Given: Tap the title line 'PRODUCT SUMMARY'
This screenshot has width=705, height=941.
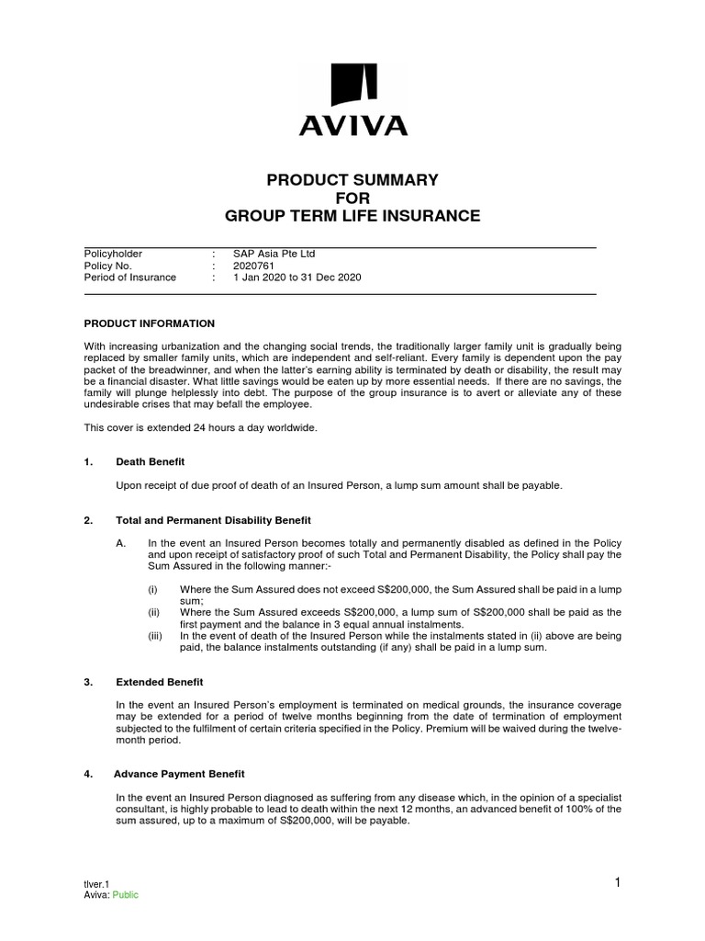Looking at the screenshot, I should (x=352, y=179).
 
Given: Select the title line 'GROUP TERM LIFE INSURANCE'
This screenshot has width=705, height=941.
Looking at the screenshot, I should (x=352, y=216).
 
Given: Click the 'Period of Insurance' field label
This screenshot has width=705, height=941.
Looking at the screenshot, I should (x=129, y=278).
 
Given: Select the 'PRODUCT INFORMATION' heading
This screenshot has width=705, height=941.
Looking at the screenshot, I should (x=150, y=323).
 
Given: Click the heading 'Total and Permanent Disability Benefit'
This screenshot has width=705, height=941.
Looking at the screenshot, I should (x=213, y=520).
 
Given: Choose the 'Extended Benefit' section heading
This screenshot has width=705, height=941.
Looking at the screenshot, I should (x=160, y=682).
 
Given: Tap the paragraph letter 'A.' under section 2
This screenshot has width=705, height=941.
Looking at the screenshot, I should (x=120, y=544).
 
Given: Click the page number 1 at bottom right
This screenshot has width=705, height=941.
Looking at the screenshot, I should (x=618, y=883).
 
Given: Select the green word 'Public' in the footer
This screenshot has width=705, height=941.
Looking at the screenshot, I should (x=126, y=895).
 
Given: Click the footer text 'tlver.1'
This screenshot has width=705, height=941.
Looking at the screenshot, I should (x=96, y=884).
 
